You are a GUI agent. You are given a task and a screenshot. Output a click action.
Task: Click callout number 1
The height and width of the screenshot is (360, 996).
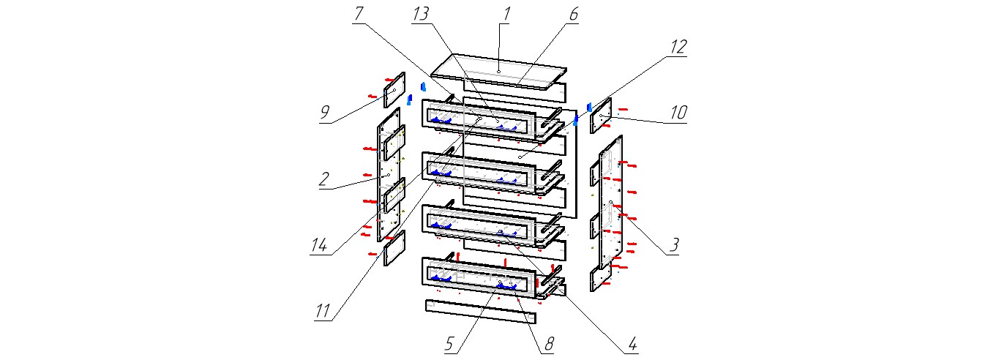point(506,15)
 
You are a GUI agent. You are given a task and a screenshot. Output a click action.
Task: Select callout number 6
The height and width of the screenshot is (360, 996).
point(573,15)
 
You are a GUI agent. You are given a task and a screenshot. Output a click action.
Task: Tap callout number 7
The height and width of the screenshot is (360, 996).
point(358,15)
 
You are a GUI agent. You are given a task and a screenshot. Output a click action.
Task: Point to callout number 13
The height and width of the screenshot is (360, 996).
point(421,15)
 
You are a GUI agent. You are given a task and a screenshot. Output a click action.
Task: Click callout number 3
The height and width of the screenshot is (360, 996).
point(674,244)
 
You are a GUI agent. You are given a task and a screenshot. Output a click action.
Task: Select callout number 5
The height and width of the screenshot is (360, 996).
point(451,342)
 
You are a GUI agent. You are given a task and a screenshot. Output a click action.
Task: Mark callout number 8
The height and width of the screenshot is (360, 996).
point(548,342)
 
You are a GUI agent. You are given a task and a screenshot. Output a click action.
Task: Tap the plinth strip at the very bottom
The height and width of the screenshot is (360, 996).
point(480,311)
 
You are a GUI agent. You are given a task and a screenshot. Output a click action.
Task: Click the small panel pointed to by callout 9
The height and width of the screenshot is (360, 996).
point(394,89)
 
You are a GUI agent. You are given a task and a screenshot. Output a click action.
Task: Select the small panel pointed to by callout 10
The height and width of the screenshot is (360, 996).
point(601,115)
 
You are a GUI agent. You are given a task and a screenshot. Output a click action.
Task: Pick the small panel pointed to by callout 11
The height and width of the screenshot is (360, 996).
point(394,248)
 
